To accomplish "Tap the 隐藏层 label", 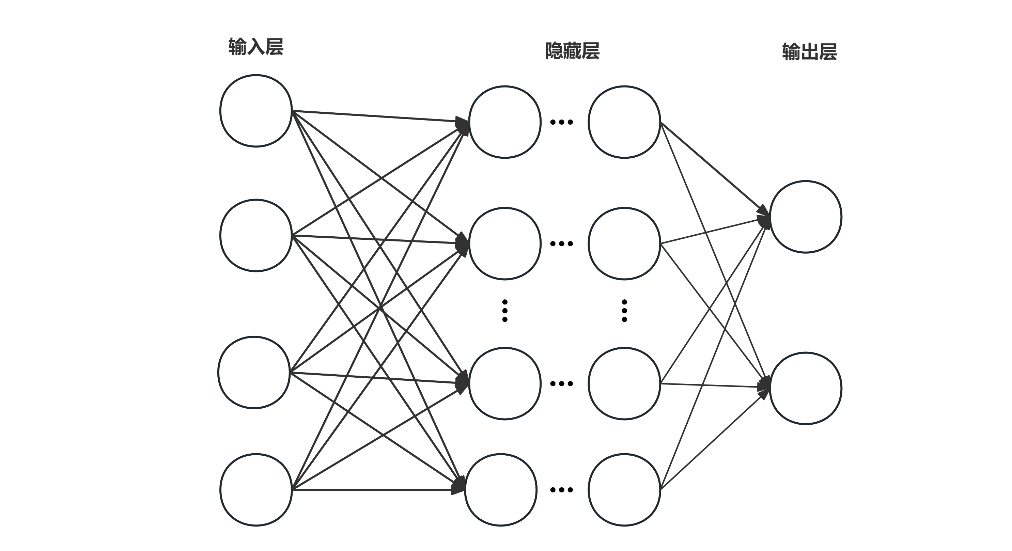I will [x=572, y=51].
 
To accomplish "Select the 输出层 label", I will [x=809, y=52].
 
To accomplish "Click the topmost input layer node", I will [x=256, y=111].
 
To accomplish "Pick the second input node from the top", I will [x=256, y=235].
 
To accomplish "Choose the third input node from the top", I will [x=254, y=372].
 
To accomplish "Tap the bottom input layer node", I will [x=256, y=490].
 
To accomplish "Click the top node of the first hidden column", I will [x=505, y=122].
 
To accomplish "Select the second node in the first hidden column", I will [x=505, y=243].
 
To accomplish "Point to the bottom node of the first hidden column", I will [x=501, y=490].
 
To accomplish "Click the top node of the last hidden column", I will [x=624, y=122].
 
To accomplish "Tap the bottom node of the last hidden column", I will [x=624, y=490].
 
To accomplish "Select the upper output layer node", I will [x=806, y=217].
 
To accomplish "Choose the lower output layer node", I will [x=806, y=389].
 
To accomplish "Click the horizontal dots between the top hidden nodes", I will [x=561, y=122].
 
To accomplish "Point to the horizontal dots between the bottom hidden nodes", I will [x=561, y=490].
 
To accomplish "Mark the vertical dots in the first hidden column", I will [x=505, y=311].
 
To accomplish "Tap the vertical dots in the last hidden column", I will [x=624, y=311].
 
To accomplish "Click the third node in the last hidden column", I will [x=624, y=384].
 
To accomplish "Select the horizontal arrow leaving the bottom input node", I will [x=373, y=490].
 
